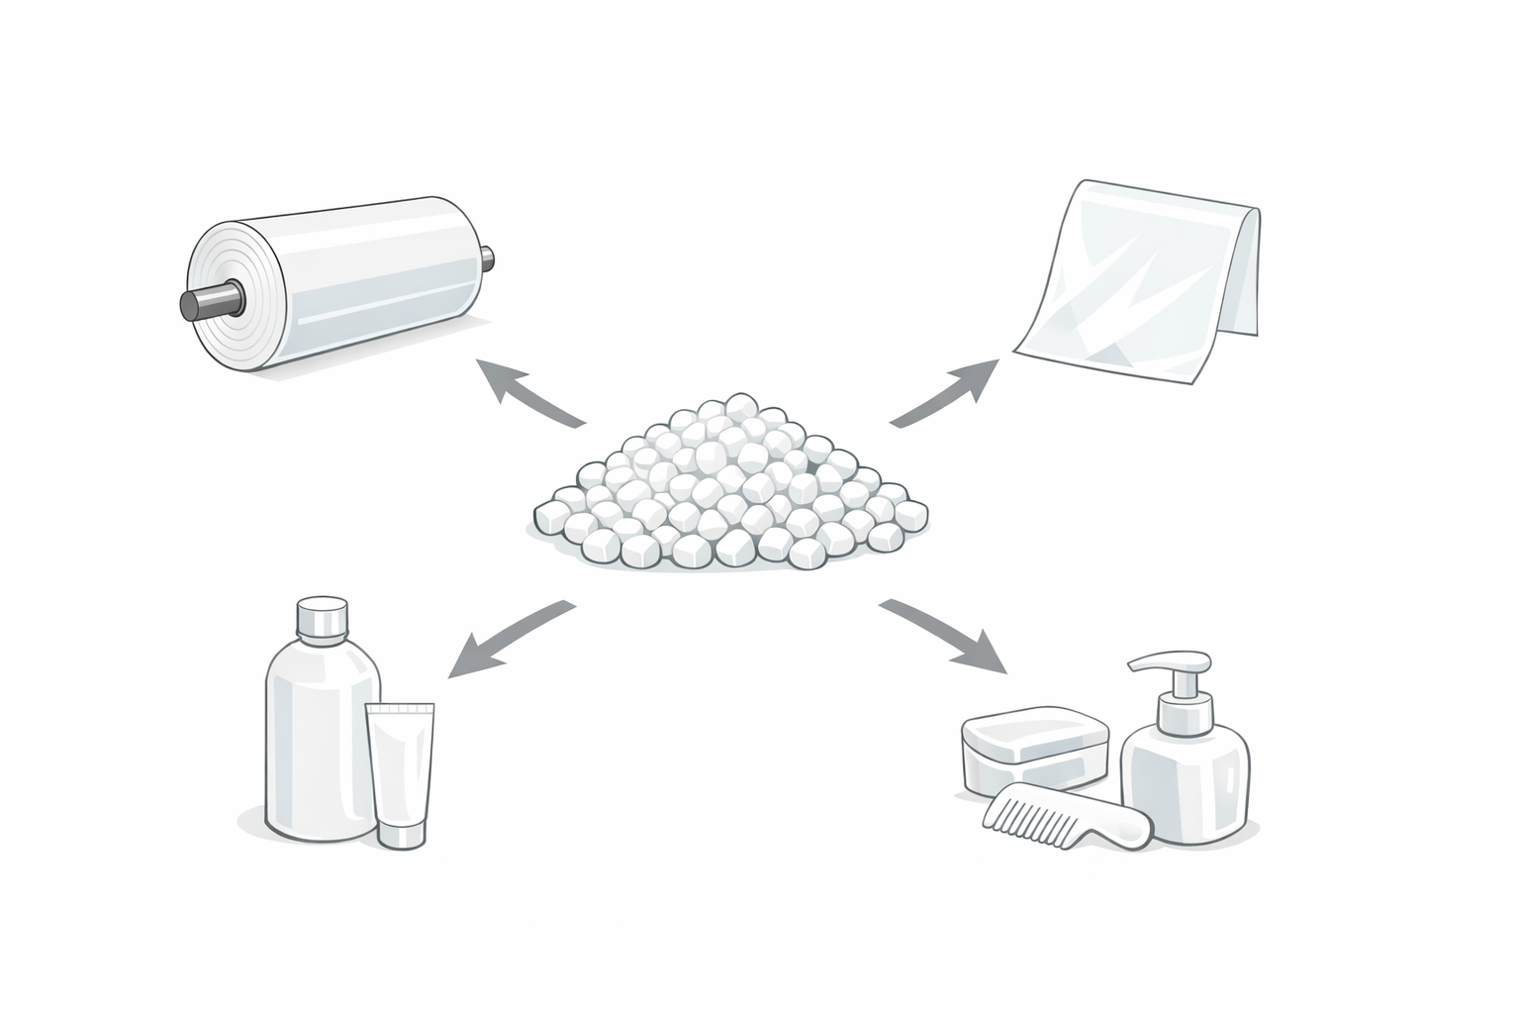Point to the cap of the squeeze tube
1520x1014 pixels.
pos(403,835)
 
